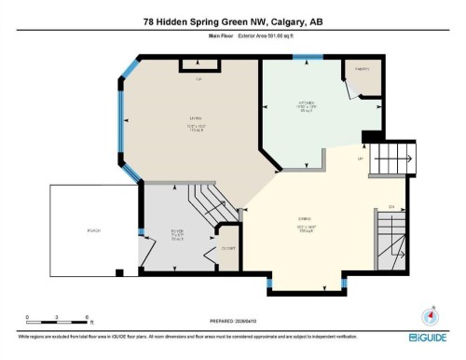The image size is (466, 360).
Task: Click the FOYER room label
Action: tap(178, 230)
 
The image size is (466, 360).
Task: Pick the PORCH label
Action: tap(93, 230)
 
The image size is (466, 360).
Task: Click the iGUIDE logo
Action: tap(430, 336)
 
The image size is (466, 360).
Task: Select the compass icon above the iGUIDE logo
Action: tap(430, 315)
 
